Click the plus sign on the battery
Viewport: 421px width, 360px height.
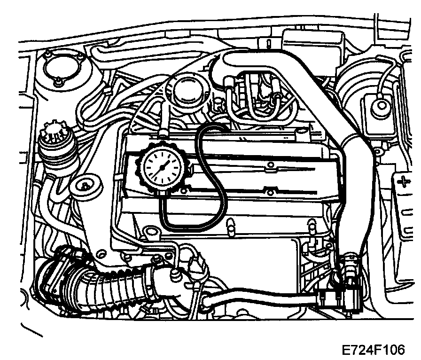pos(403,180)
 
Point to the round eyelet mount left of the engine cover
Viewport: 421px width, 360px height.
pos(86,186)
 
